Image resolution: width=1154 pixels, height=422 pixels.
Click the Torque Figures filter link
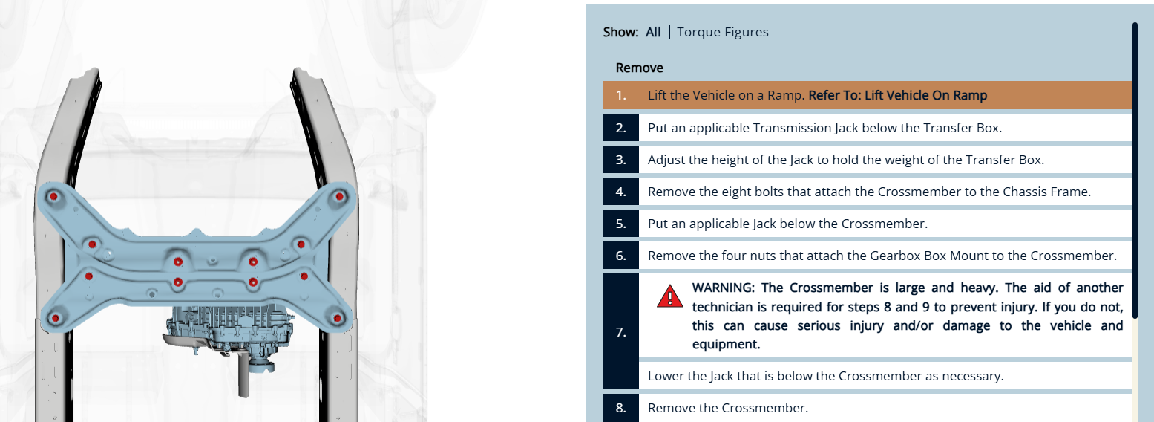click(722, 32)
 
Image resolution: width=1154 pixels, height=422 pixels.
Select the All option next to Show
click(653, 32)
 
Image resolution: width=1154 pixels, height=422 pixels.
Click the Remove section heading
click(639, 68)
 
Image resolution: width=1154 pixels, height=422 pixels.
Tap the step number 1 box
click(621, 95)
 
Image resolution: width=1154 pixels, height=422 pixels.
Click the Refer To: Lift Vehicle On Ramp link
click(897, 95)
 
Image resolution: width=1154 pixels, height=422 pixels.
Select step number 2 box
click(621, 128)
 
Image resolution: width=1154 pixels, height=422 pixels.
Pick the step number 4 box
click(621, 192)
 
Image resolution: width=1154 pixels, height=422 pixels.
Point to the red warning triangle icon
click(669, 296)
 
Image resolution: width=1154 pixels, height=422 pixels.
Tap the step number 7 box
click(621, 331)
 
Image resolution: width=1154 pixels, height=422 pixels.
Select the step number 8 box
click(621, 408)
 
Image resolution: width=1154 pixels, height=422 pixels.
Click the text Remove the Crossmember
click(728, 408)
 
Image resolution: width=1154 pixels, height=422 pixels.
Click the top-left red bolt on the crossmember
click(53, 196)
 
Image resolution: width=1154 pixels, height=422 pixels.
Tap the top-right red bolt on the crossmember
click(339, 196)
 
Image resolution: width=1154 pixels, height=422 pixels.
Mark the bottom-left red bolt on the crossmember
click(56, 318)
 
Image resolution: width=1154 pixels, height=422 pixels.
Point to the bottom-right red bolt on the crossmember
click(338, 318)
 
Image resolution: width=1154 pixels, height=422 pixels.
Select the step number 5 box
click(621, 224)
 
